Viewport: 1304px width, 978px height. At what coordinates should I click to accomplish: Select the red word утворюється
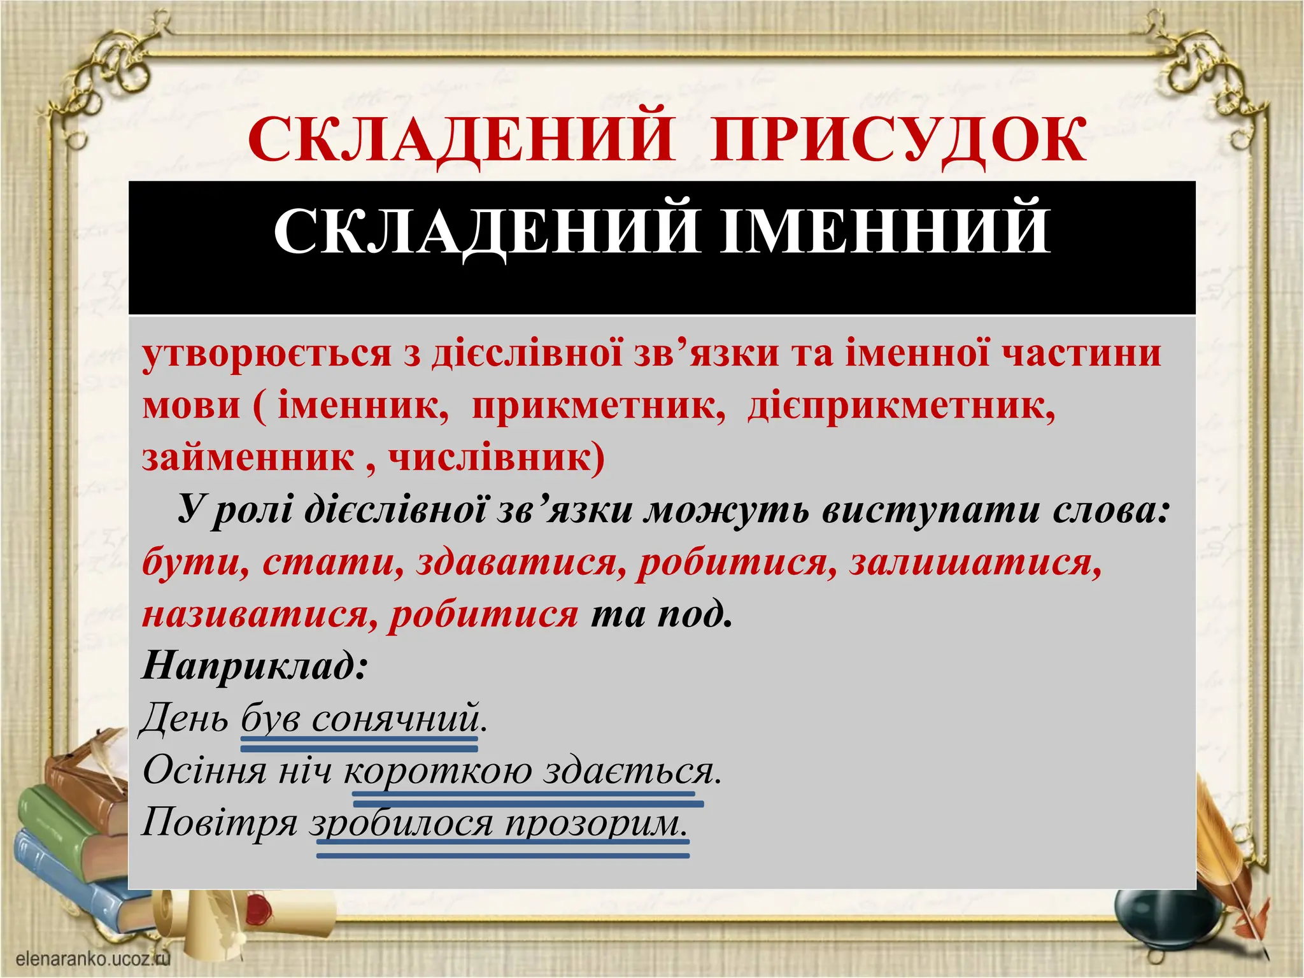(x=266, y=354)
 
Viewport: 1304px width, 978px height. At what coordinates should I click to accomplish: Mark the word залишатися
(x=975, y=563)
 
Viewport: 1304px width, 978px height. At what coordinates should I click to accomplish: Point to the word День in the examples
(x=184, y=719)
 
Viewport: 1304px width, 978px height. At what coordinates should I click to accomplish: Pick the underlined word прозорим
(x=596, y=823)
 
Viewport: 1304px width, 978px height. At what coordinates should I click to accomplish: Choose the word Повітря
(x=220, y=823)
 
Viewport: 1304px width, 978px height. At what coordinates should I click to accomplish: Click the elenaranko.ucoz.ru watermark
(x=93, y=959)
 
